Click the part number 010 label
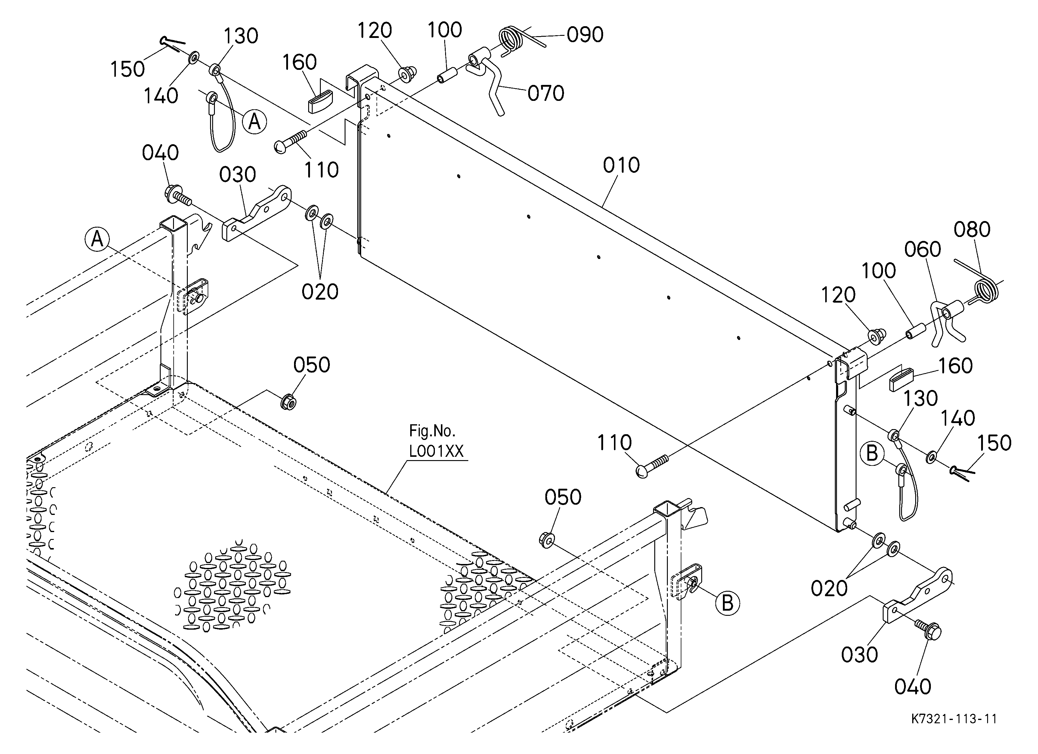pyautogui.click(x=621, y=165)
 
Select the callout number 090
pyautogui.click(x=585, y=35)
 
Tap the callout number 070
pyautogui.click(x=546, y=93)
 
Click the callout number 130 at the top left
pyautogui.click(x=241, y=36)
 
